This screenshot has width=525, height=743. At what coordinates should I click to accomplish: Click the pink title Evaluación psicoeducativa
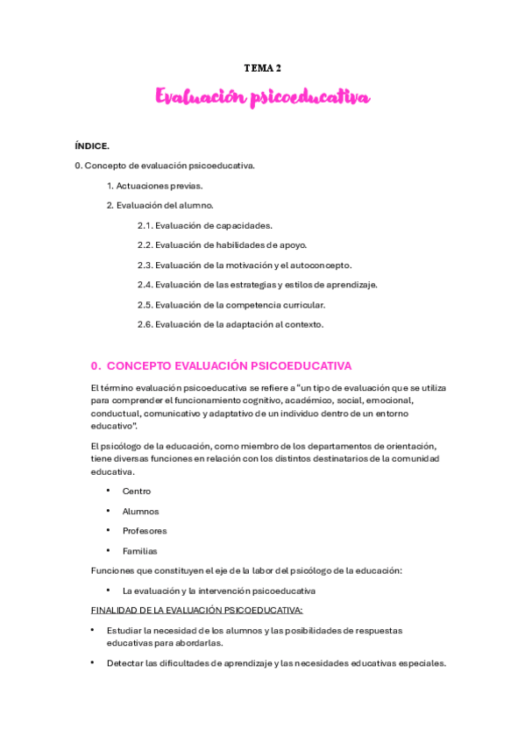tap(262, 97)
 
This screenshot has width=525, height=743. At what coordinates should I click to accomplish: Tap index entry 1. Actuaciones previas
tap(154, 185)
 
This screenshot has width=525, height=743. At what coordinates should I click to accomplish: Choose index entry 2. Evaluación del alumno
tap(160, 205)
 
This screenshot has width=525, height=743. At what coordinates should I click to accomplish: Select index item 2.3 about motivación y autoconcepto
tap(244, 265)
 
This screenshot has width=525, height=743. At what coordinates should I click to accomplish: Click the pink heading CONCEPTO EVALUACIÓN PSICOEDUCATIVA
tap(221, 365)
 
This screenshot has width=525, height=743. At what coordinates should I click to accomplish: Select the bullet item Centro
tap(137, 492)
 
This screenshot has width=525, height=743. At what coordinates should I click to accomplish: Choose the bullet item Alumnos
tap(140, 511)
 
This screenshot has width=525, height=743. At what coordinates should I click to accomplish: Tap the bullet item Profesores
tap(145, 531)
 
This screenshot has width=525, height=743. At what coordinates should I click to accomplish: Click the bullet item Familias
tap(140, 551)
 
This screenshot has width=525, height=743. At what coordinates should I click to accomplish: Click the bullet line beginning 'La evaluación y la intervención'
tap(219, 591)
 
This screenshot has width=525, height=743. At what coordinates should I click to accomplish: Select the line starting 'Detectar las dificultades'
tap(276, 663)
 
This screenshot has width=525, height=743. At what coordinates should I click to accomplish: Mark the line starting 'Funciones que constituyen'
tap(246, 571)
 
